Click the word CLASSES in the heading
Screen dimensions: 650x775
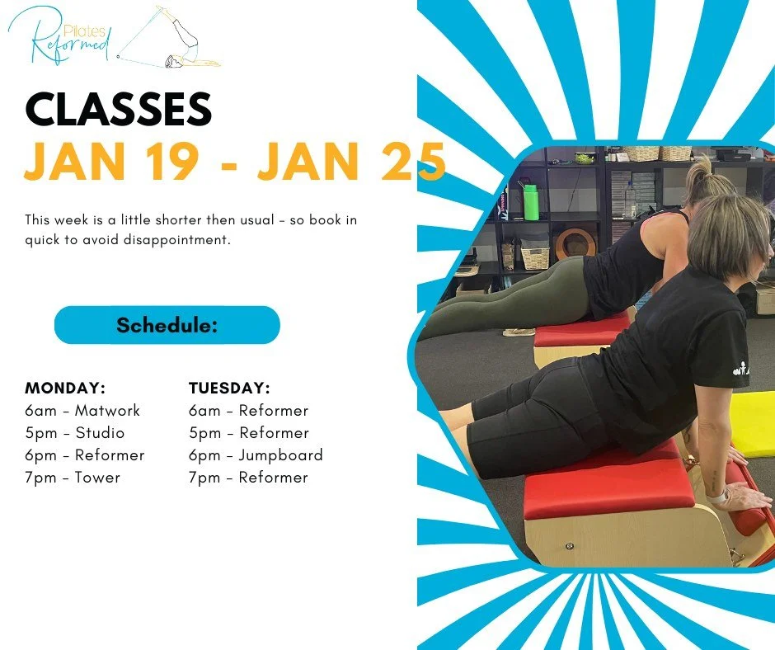tap(119, 110)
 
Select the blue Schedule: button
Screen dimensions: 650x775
tap(167, 325)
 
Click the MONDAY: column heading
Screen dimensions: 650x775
tap(65, 388)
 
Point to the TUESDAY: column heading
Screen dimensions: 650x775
tap(229, 388)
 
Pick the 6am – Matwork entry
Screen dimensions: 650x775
tap(82, 410)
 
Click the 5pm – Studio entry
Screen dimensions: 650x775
tap(75, 432)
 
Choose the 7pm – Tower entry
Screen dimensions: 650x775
tap(73, 477)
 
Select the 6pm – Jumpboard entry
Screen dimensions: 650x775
tap(256, 455)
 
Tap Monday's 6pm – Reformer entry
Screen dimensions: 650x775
tap(85, 455)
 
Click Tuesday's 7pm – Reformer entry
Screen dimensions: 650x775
tap(248, 477)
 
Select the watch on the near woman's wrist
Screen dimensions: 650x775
tap(719, 497)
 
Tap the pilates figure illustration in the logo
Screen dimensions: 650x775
tap(174, 38)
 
